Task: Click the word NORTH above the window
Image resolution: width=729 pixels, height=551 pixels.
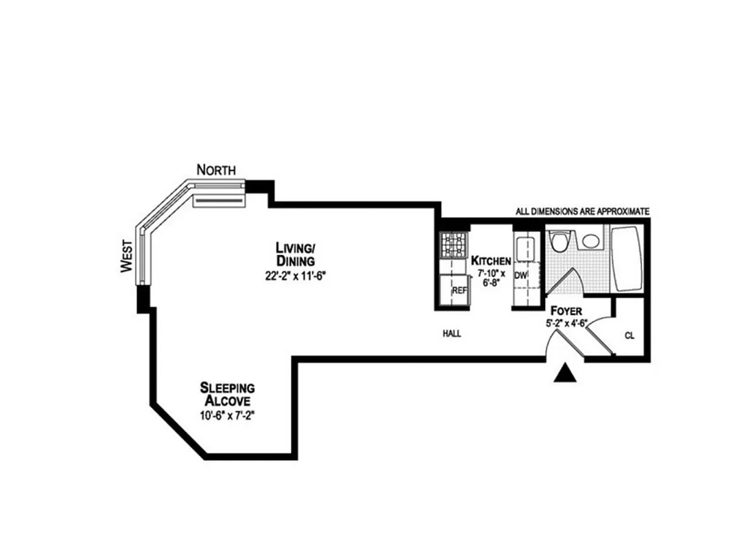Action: click(x=216, y=169)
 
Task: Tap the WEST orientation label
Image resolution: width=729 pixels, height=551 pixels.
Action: click(x=126, y=256)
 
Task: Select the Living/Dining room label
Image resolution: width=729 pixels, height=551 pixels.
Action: click(x=296, y=254)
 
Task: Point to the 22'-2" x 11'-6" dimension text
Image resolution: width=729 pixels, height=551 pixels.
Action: click(x=296, y=276)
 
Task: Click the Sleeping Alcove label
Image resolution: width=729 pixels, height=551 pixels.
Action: click(x=227, y=393)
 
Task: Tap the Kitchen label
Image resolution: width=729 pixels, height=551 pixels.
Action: click(x=491, y=261)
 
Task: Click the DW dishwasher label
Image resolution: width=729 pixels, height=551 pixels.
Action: click(x=521, y=275)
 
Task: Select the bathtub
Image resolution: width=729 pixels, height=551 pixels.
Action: click(x=628, y=258)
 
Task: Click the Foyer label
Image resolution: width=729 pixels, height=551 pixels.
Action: click(x=566, y=311)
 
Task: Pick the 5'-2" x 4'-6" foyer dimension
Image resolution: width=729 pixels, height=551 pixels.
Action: click(x=566, y=323)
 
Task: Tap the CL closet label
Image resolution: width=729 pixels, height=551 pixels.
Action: click(x=629, y=336)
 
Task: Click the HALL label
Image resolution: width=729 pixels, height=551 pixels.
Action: click(x=452, y=334)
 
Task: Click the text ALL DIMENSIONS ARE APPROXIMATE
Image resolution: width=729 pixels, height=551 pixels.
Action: click(x=582, y=211)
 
